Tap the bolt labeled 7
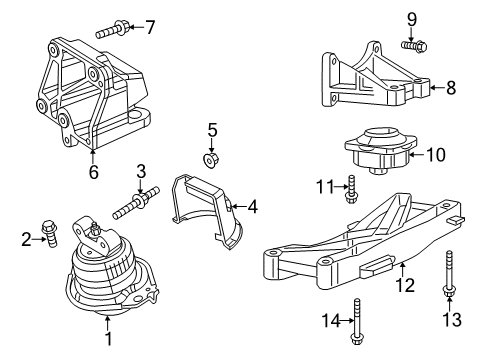click(112, 31)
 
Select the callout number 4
click(253, 207)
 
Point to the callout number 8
click(451, 89)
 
